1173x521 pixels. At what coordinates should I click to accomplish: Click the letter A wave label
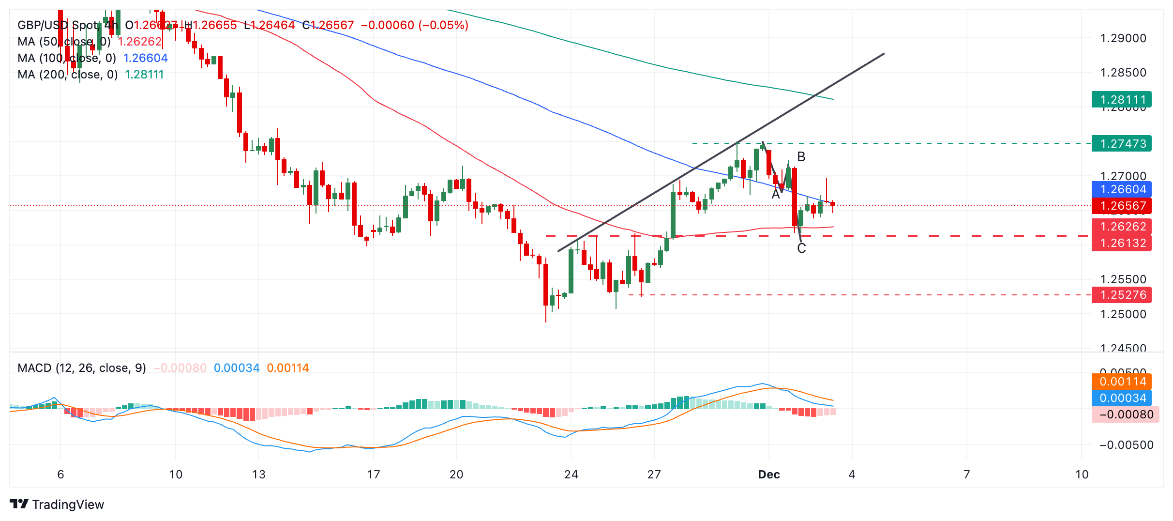(776, 195)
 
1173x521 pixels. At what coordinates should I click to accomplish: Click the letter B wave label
(801, 157)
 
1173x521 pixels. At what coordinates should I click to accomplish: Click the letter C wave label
(801, 248)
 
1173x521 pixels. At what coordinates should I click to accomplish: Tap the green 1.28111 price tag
(1121, 100)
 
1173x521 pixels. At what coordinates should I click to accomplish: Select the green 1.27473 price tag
(1121, 144)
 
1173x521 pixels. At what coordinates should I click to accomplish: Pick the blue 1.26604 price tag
(1121, 189)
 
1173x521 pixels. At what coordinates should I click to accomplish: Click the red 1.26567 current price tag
(1121, 206)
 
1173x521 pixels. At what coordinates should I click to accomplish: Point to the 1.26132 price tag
(1121, 243)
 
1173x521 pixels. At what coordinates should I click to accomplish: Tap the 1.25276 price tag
(1121, 295)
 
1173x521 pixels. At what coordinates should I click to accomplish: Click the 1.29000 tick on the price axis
(1123, 38)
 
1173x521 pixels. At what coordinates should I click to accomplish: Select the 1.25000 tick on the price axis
(1123, 314)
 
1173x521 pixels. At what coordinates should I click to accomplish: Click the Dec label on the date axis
(769, 475)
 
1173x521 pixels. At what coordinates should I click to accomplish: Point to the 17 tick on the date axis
(373, 475)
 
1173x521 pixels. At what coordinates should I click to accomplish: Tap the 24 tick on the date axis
(571, 475)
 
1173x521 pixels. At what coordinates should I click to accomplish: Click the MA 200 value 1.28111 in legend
(144, 75)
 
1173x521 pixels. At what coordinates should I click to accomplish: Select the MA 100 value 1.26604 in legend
(145, 58)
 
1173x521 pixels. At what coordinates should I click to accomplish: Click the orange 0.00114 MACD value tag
(1121, 382)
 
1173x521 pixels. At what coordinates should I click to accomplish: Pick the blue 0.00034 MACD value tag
(1121, 398)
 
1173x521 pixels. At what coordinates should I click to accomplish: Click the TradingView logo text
(68, 505)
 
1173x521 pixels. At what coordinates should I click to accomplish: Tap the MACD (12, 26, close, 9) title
(82, 368)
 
